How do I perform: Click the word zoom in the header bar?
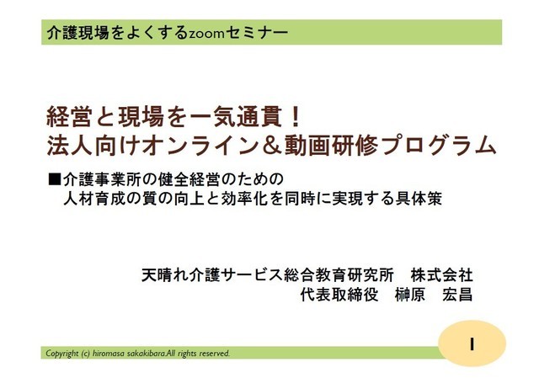[x=206, y=34]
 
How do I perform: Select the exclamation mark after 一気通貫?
[x=296, y=117]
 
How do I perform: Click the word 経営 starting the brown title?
[x=69, y=117]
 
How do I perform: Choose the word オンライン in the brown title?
[x=200, y=146]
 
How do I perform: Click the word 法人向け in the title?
[x=93, y=146]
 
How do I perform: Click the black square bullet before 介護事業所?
[x=54, y=179]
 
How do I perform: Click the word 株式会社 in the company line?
[x=441, y=275]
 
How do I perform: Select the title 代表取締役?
[x=339, y=295]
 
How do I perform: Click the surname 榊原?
[x=410, y=295]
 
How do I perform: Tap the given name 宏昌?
[x=457, y=295]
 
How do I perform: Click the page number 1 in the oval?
[x=472, y=343]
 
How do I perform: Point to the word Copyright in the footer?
[x=61, y=354]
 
